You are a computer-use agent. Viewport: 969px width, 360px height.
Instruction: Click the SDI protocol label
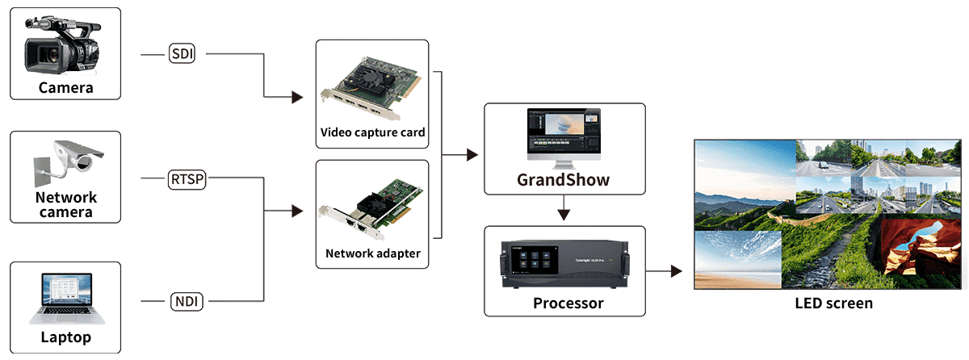click(x=182, y=53)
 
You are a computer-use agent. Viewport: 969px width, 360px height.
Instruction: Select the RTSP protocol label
click(x=187, y=179)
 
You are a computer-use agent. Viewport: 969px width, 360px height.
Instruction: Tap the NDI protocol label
click(x=187, y=301)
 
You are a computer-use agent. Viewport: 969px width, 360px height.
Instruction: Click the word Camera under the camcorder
click(x=65, y=88)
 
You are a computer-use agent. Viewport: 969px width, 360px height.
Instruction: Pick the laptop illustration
click(x=67, y=298)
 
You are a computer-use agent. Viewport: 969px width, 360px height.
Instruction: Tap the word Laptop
click(x=65, y=337)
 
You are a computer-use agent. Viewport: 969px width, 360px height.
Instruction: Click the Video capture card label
click(x=372, y=132)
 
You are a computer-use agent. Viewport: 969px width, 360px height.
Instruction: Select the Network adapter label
click(x=372, y=253)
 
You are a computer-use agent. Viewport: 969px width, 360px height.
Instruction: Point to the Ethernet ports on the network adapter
click(x=355, y=224)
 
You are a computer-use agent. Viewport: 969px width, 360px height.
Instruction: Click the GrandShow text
click(x=564, y=180)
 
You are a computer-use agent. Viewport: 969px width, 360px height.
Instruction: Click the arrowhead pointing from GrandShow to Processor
click(x=564, y=215)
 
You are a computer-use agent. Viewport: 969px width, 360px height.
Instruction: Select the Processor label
click(x=568, y=303)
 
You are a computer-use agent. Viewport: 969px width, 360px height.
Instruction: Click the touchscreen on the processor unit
click(x=535, y=260)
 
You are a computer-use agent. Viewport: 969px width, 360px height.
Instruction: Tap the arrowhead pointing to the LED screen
click(x=677, y=271)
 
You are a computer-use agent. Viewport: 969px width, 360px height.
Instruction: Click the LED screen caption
click(x=833, y=303)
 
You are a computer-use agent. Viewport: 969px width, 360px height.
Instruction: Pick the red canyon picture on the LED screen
click(x=921, y=246)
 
